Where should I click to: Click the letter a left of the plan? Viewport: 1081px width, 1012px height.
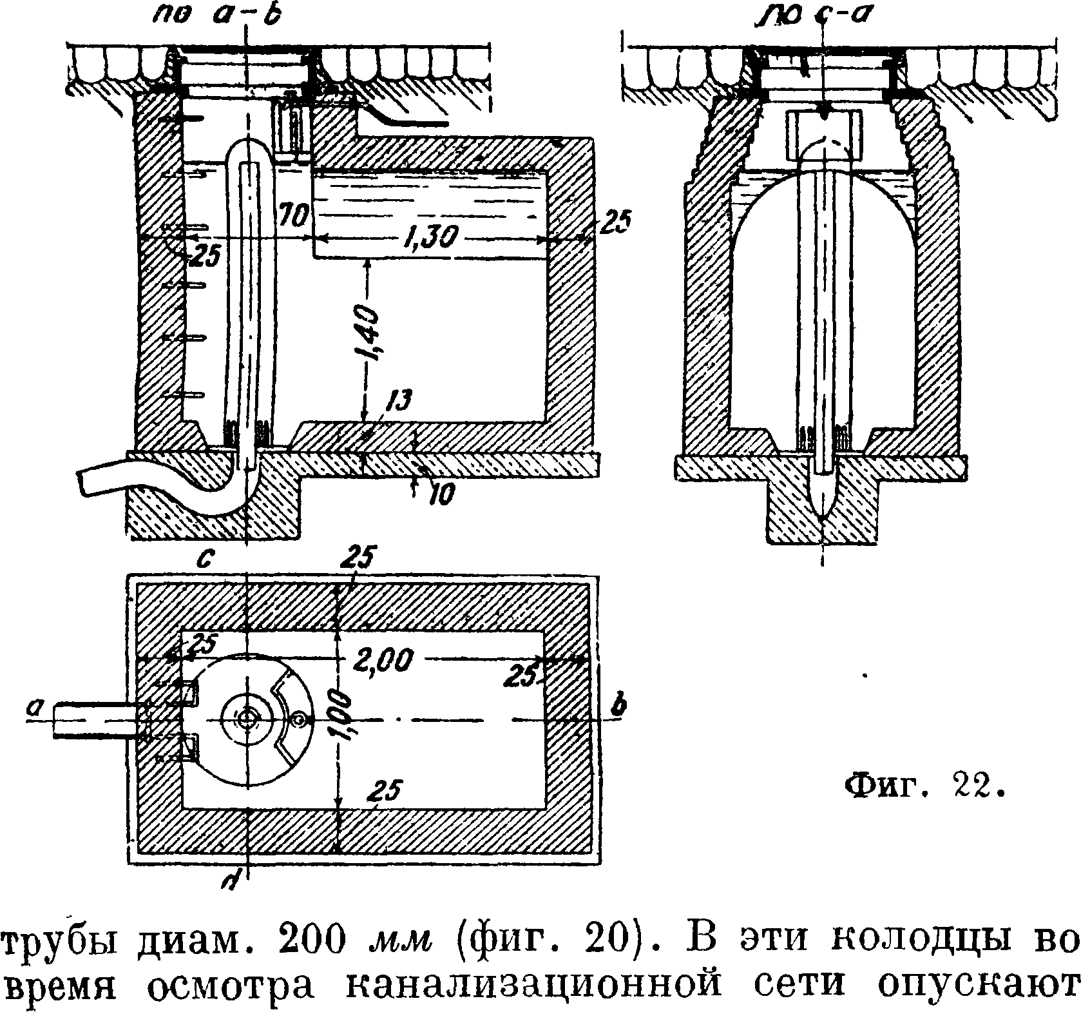(32, 708)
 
